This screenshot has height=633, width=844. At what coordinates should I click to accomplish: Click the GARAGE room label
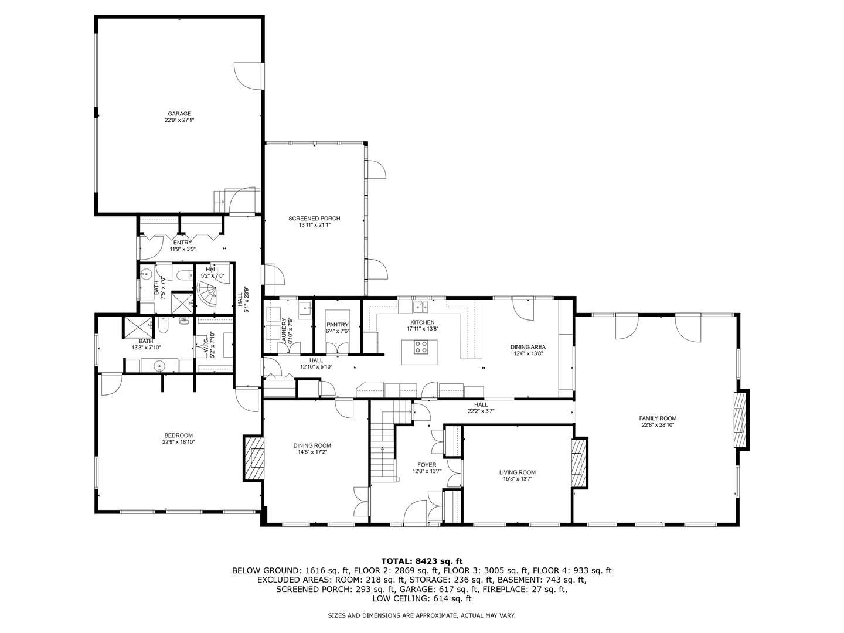pos(179,114)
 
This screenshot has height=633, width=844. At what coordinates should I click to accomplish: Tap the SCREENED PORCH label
pos(314,219)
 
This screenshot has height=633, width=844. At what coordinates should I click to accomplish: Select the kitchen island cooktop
pos(421,349)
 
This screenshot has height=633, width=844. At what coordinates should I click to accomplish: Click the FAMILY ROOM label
pos(653,418)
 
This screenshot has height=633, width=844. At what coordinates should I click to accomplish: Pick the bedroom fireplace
pos(253,458)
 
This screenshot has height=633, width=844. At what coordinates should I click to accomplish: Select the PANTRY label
pos(338,325)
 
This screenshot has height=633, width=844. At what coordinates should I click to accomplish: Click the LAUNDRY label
pos(284,331)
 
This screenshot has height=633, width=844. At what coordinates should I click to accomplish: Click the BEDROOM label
pos(178,435)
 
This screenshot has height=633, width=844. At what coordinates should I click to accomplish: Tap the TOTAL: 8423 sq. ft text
pos(422,561)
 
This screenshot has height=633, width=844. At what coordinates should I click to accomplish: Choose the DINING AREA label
pos(529,347)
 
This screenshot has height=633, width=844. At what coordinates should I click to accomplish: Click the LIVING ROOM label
pos(517,472)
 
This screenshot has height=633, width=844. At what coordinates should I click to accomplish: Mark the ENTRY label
pos(182,243)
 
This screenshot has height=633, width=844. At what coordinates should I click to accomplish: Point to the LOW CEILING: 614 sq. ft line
pos(422,598)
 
